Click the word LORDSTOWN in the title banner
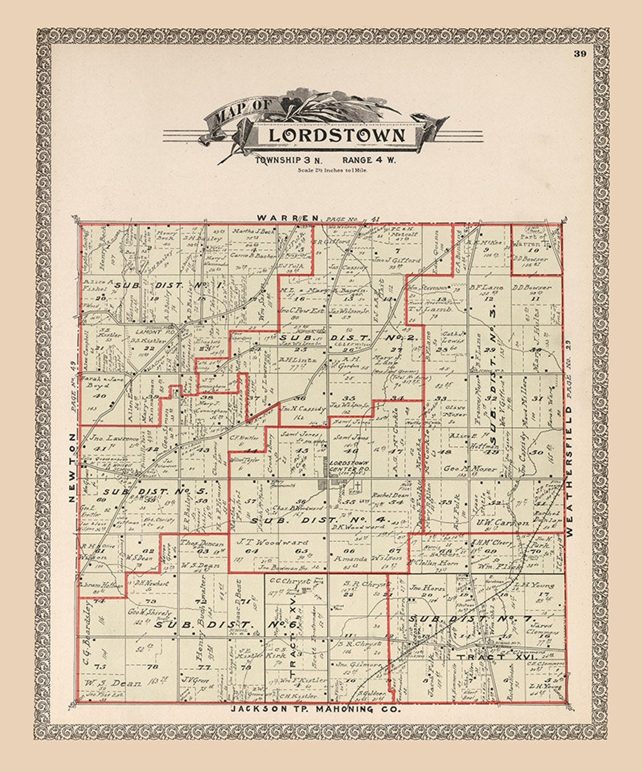pos(336,135)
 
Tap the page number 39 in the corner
pos(580,54)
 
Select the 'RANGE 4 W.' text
pos(369,160)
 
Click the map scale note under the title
pos(333,170)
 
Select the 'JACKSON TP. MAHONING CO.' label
pos(316,709)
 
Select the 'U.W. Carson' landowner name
pos(502,522)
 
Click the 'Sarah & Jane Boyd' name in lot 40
pos(95,385)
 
